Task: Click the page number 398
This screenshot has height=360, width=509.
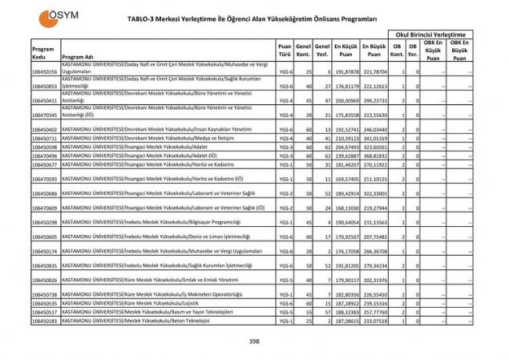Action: [x=254, y=342]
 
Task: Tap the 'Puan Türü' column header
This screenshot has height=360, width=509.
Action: [x=284, y=51]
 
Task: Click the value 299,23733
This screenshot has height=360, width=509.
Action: [x=374, y=100]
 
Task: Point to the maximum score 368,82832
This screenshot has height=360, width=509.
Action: [x=374, y=156]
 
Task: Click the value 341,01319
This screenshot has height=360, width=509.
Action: [x=374, y=139]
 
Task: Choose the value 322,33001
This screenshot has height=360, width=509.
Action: [x=374, y=193]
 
